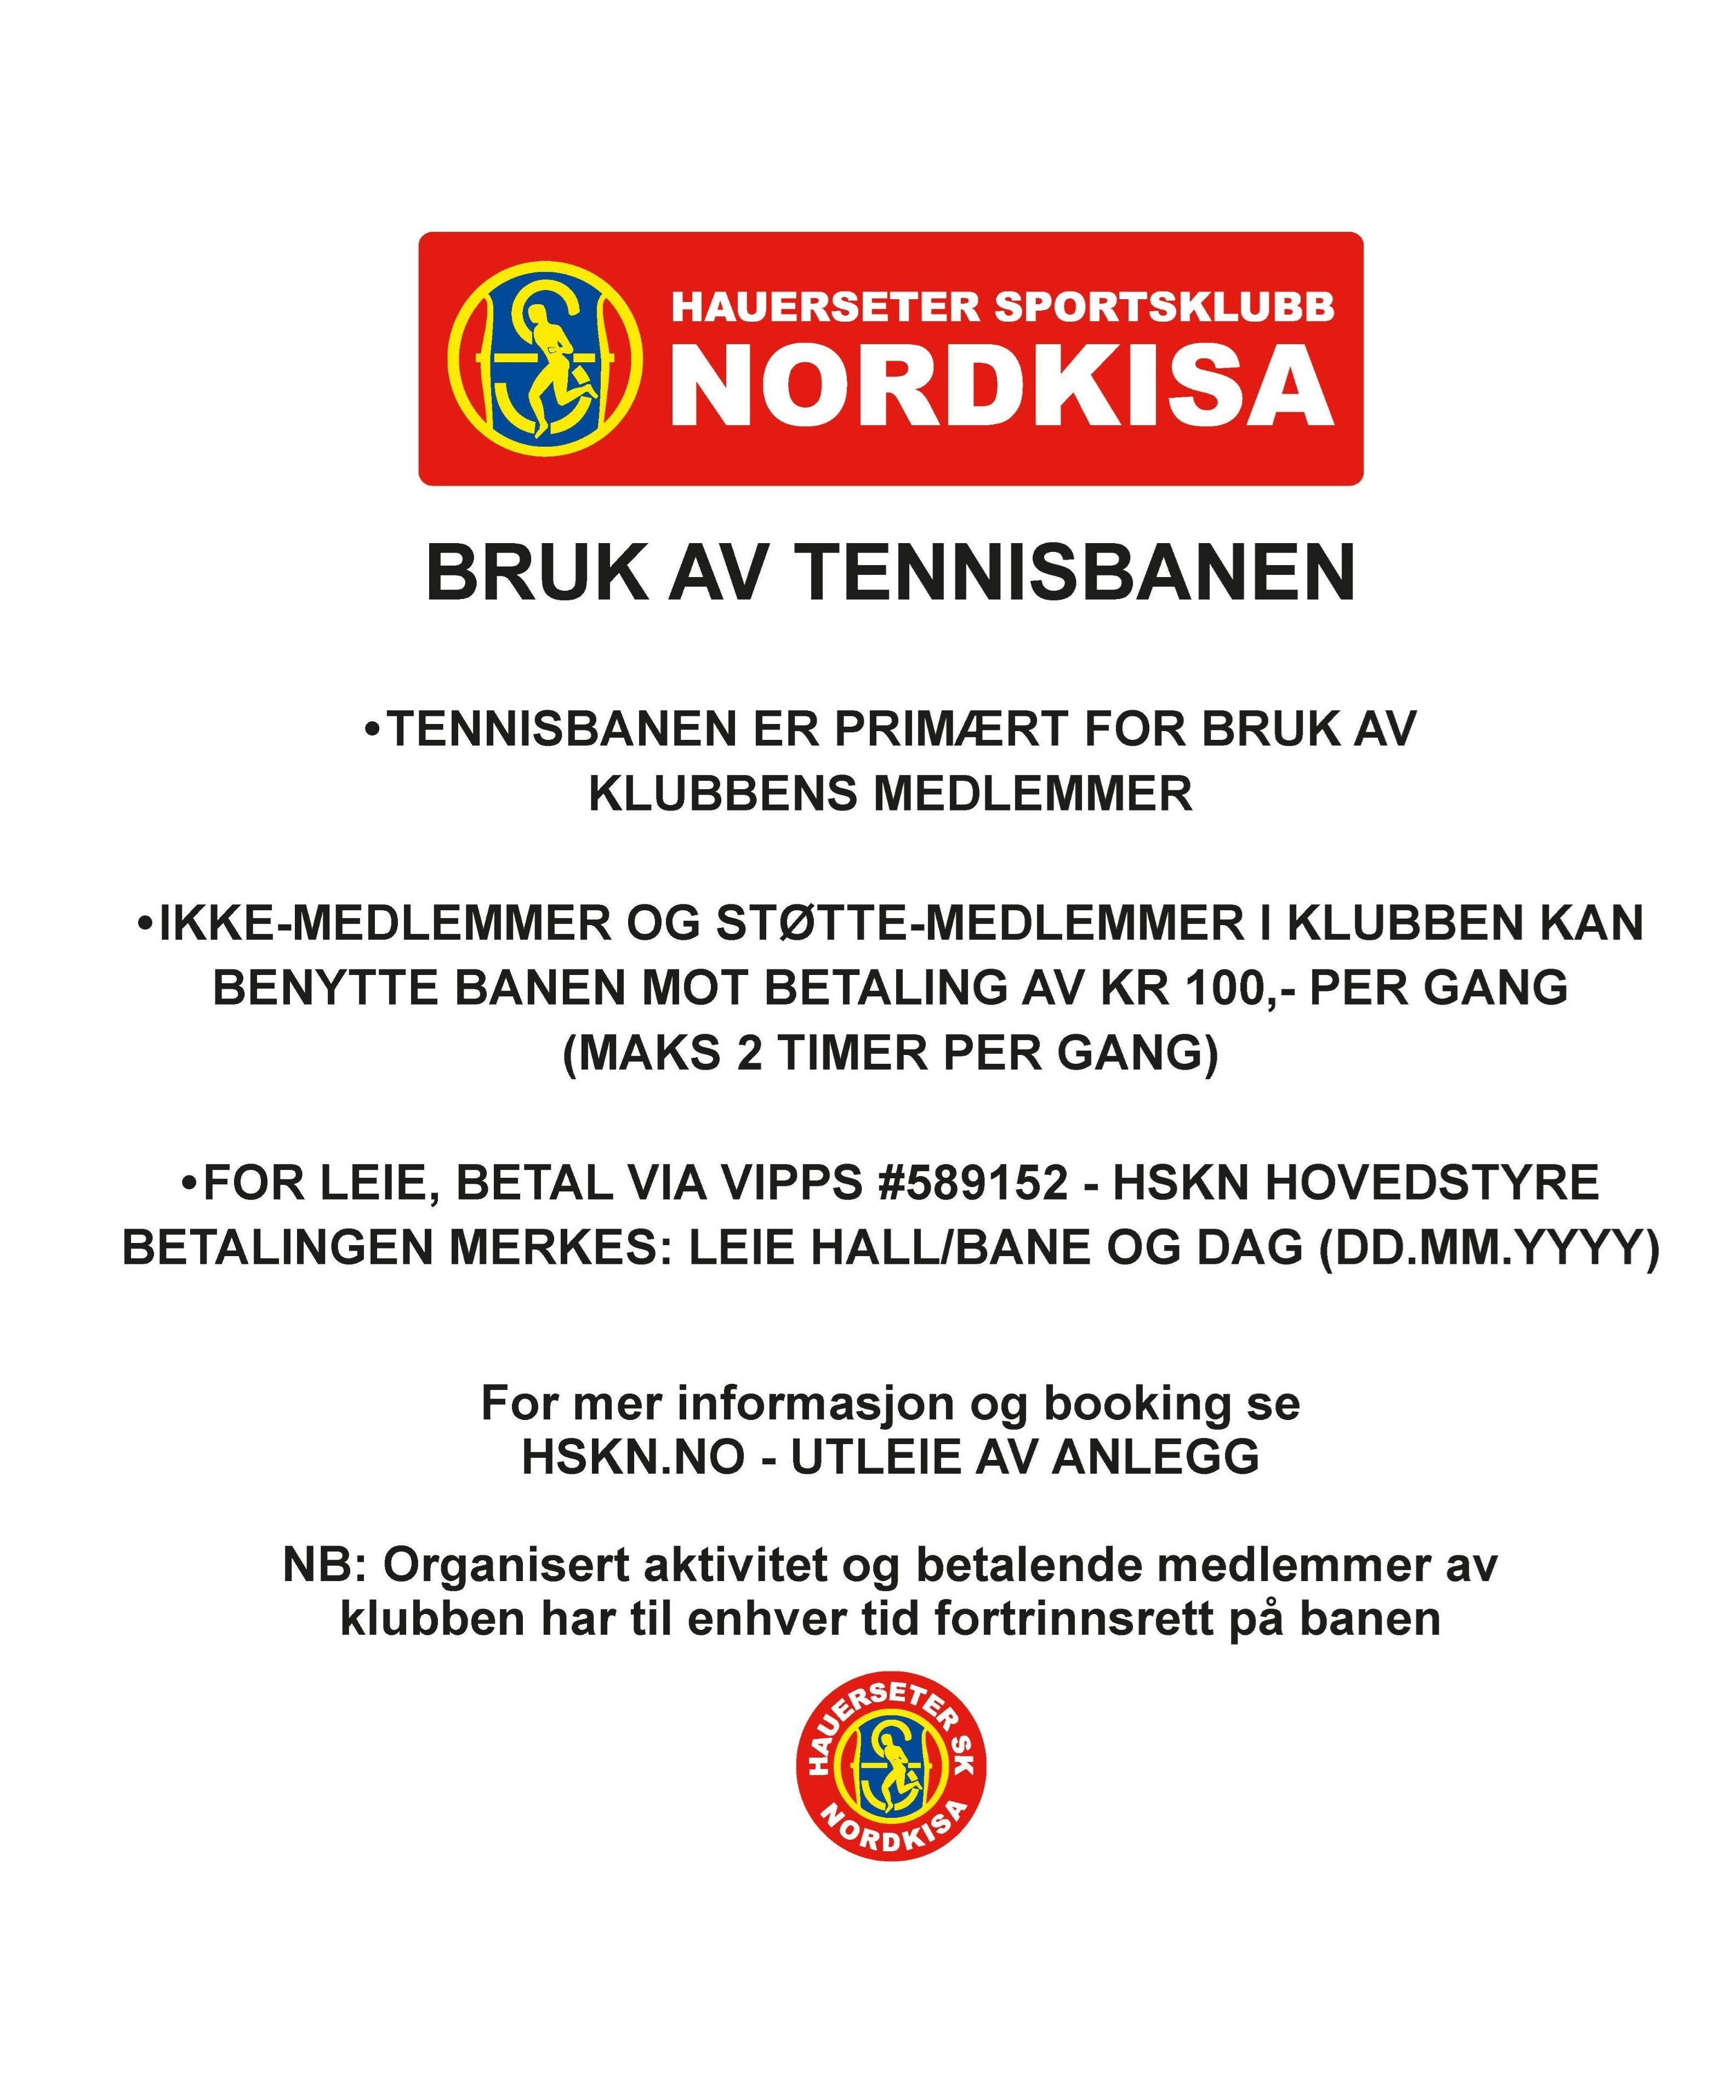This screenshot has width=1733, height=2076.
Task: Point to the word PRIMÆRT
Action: (x=950, y=729)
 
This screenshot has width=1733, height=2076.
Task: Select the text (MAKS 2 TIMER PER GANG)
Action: (x=890, y=1053)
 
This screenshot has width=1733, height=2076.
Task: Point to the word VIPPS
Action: (x=786, y=1183)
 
